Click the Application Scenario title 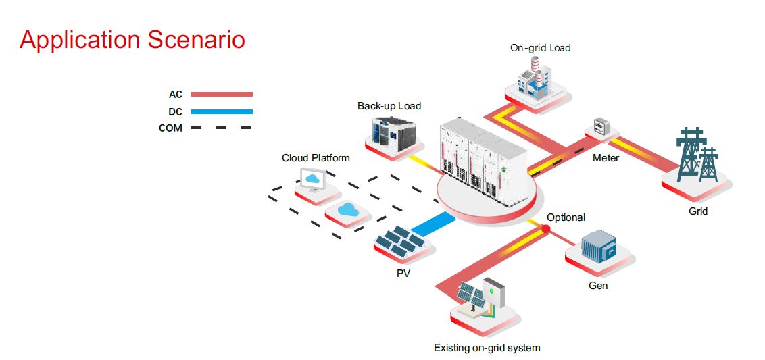pyautogui.click(x=132, y=40)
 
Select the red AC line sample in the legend pyautogui.click(x=222, y=95)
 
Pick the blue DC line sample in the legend pyautogui.click(x=222, y=111)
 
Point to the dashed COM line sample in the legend pyautogui.click(x=222, y=128)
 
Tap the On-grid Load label pyautogui.click(x=540, y=48)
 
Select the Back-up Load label pyautogui.click(x=389, y=106)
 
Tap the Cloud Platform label pyautogui.click(x=316, y=158)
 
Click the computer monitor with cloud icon pyautogui.click(x=313, y=180)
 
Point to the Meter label pyautogui.click(x=606, y=158)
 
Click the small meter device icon pyautogui.click(x=601, y=126)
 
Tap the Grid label pyautogui.click(x=697, y=211)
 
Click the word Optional pyautogui.click(x=566, y=217)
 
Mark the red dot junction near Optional pyautogui.click(x=545, y=230)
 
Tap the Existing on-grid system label pyautogui.click(x=487, y=348)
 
